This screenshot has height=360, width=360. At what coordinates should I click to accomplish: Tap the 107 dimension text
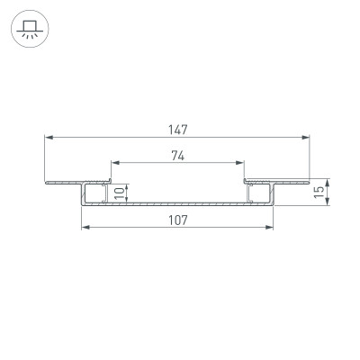click(177, 221)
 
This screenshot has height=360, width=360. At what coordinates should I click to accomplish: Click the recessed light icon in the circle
click(31, 31)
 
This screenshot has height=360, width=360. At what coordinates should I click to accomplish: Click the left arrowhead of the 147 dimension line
click(49, 138)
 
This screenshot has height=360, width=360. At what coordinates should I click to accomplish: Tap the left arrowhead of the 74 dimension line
click(114, 164)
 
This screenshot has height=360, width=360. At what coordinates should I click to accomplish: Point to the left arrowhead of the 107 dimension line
click(86, 229)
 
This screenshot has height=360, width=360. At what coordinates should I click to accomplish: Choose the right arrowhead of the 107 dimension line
click(269, 229)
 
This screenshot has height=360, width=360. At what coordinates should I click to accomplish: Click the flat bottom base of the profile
click(177, 204)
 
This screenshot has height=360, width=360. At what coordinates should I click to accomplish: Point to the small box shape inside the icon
click(31, 27)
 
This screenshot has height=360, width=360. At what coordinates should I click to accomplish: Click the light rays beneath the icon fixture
click(31, 38)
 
